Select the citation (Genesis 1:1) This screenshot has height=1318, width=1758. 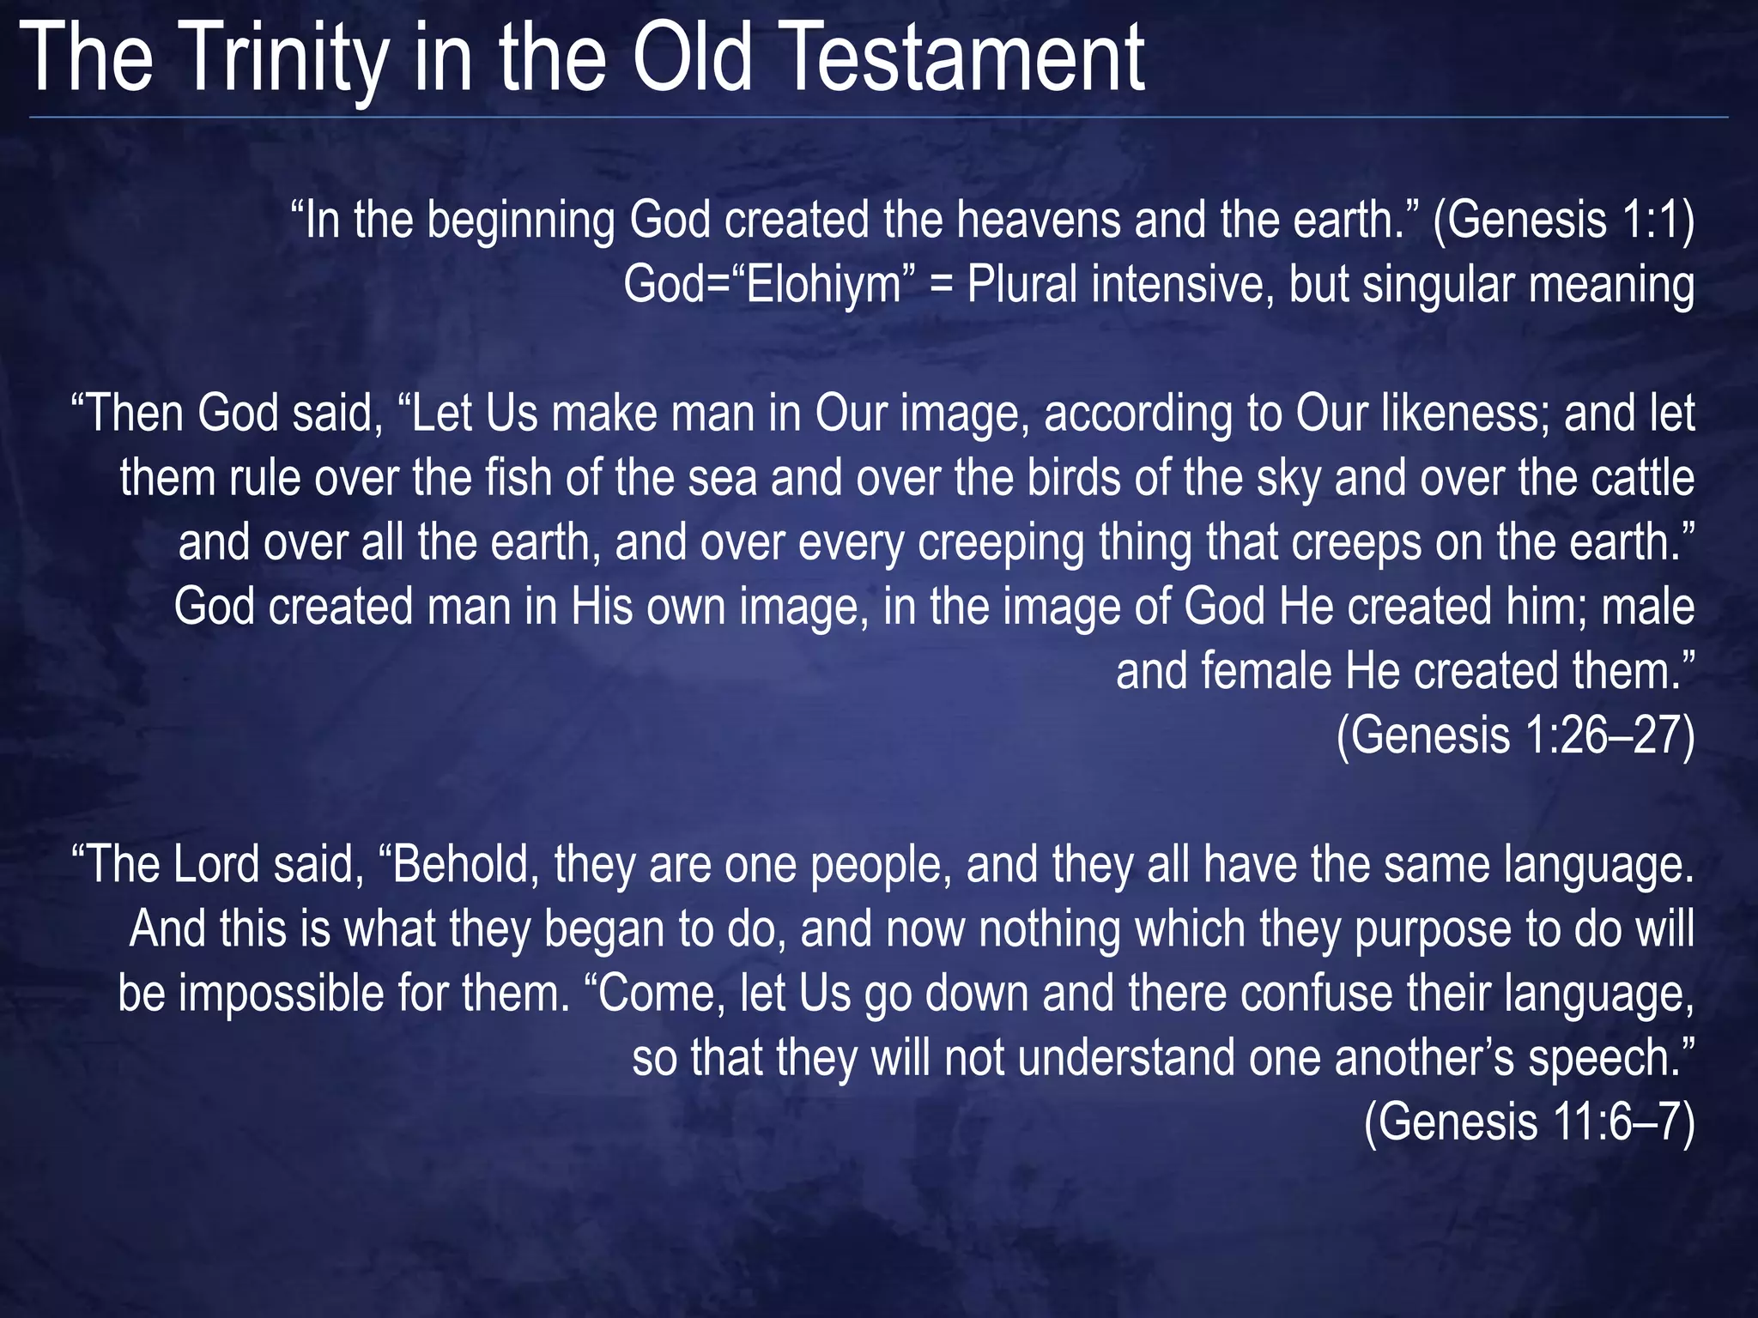coord(1564,221)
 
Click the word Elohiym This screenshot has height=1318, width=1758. coord(823,285)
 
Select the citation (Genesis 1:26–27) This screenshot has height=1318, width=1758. coord(1516,735)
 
